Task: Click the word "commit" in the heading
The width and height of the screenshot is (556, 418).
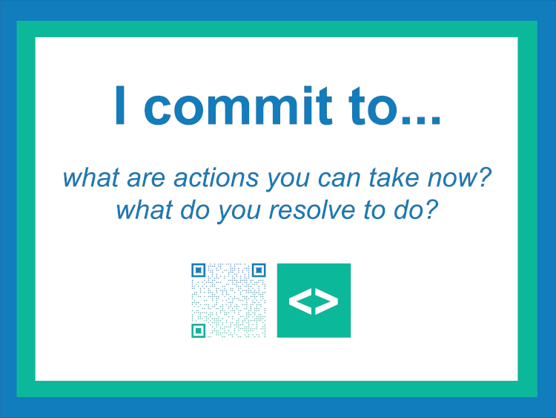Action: point(238,105)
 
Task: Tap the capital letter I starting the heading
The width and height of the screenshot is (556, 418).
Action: point(120,105)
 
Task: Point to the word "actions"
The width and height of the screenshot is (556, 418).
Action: point(216,178)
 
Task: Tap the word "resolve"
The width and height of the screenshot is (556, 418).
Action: point(312,210)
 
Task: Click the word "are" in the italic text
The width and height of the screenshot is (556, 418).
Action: point(146,179)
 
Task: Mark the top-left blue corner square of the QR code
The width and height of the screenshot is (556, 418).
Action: point(199,270)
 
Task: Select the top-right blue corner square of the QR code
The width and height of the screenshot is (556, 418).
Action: point(259,270)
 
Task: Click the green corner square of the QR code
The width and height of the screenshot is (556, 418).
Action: point(199,330)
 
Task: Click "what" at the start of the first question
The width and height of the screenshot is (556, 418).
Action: point(90,177)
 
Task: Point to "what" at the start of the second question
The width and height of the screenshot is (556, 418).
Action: point(144,210)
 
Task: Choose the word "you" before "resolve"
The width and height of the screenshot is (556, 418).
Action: point(239,212)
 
